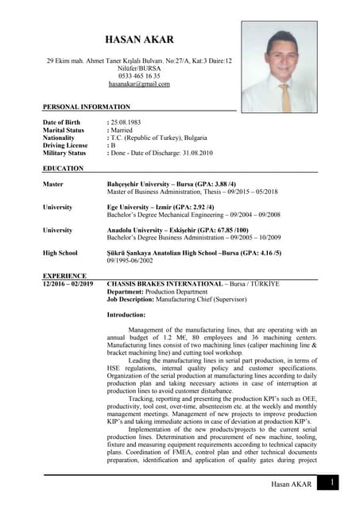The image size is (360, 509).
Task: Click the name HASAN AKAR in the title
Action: tap(139, 40)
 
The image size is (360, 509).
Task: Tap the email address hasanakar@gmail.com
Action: tap(139, 84)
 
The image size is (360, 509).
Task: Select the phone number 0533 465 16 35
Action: tap(139, 76)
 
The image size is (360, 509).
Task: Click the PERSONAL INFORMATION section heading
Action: tap(87, 107)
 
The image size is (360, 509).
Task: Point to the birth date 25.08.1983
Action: tap(127, 122)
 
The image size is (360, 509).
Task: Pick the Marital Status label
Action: tap(64, 130)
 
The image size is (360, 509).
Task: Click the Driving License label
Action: tap(65, 146)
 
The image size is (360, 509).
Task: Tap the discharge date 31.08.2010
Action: tap(195, 153)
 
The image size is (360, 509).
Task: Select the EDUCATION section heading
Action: tap(63, 169)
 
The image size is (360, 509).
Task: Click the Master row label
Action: tap(54, 185)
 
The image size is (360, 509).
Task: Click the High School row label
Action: tap(60, 254)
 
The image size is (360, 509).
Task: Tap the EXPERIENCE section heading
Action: tap(64, 276)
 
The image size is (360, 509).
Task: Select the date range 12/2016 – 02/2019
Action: tap(68, 283)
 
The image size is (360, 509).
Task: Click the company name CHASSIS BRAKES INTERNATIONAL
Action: tap(165, 283)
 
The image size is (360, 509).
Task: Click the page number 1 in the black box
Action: tap(333, 483)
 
